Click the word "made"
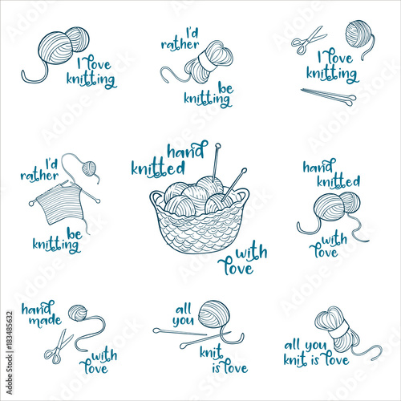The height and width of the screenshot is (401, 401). (45, 321)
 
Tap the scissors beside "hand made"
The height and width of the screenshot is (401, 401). (59, 347)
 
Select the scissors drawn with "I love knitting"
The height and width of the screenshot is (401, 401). (308, 40)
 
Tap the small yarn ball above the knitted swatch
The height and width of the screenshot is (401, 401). (89, 168)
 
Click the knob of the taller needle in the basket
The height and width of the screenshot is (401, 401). (218, 146)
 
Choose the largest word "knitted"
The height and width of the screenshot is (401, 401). (158, 168)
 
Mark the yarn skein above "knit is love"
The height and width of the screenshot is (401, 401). (339, 330)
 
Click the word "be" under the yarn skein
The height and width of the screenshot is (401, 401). (225, 88)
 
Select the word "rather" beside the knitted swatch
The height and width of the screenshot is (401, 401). (39, 176)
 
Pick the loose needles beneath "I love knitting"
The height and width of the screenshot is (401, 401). (329, 96)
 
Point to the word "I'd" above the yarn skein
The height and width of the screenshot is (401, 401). (192, 34)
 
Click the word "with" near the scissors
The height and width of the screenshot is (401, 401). (104, 355)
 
